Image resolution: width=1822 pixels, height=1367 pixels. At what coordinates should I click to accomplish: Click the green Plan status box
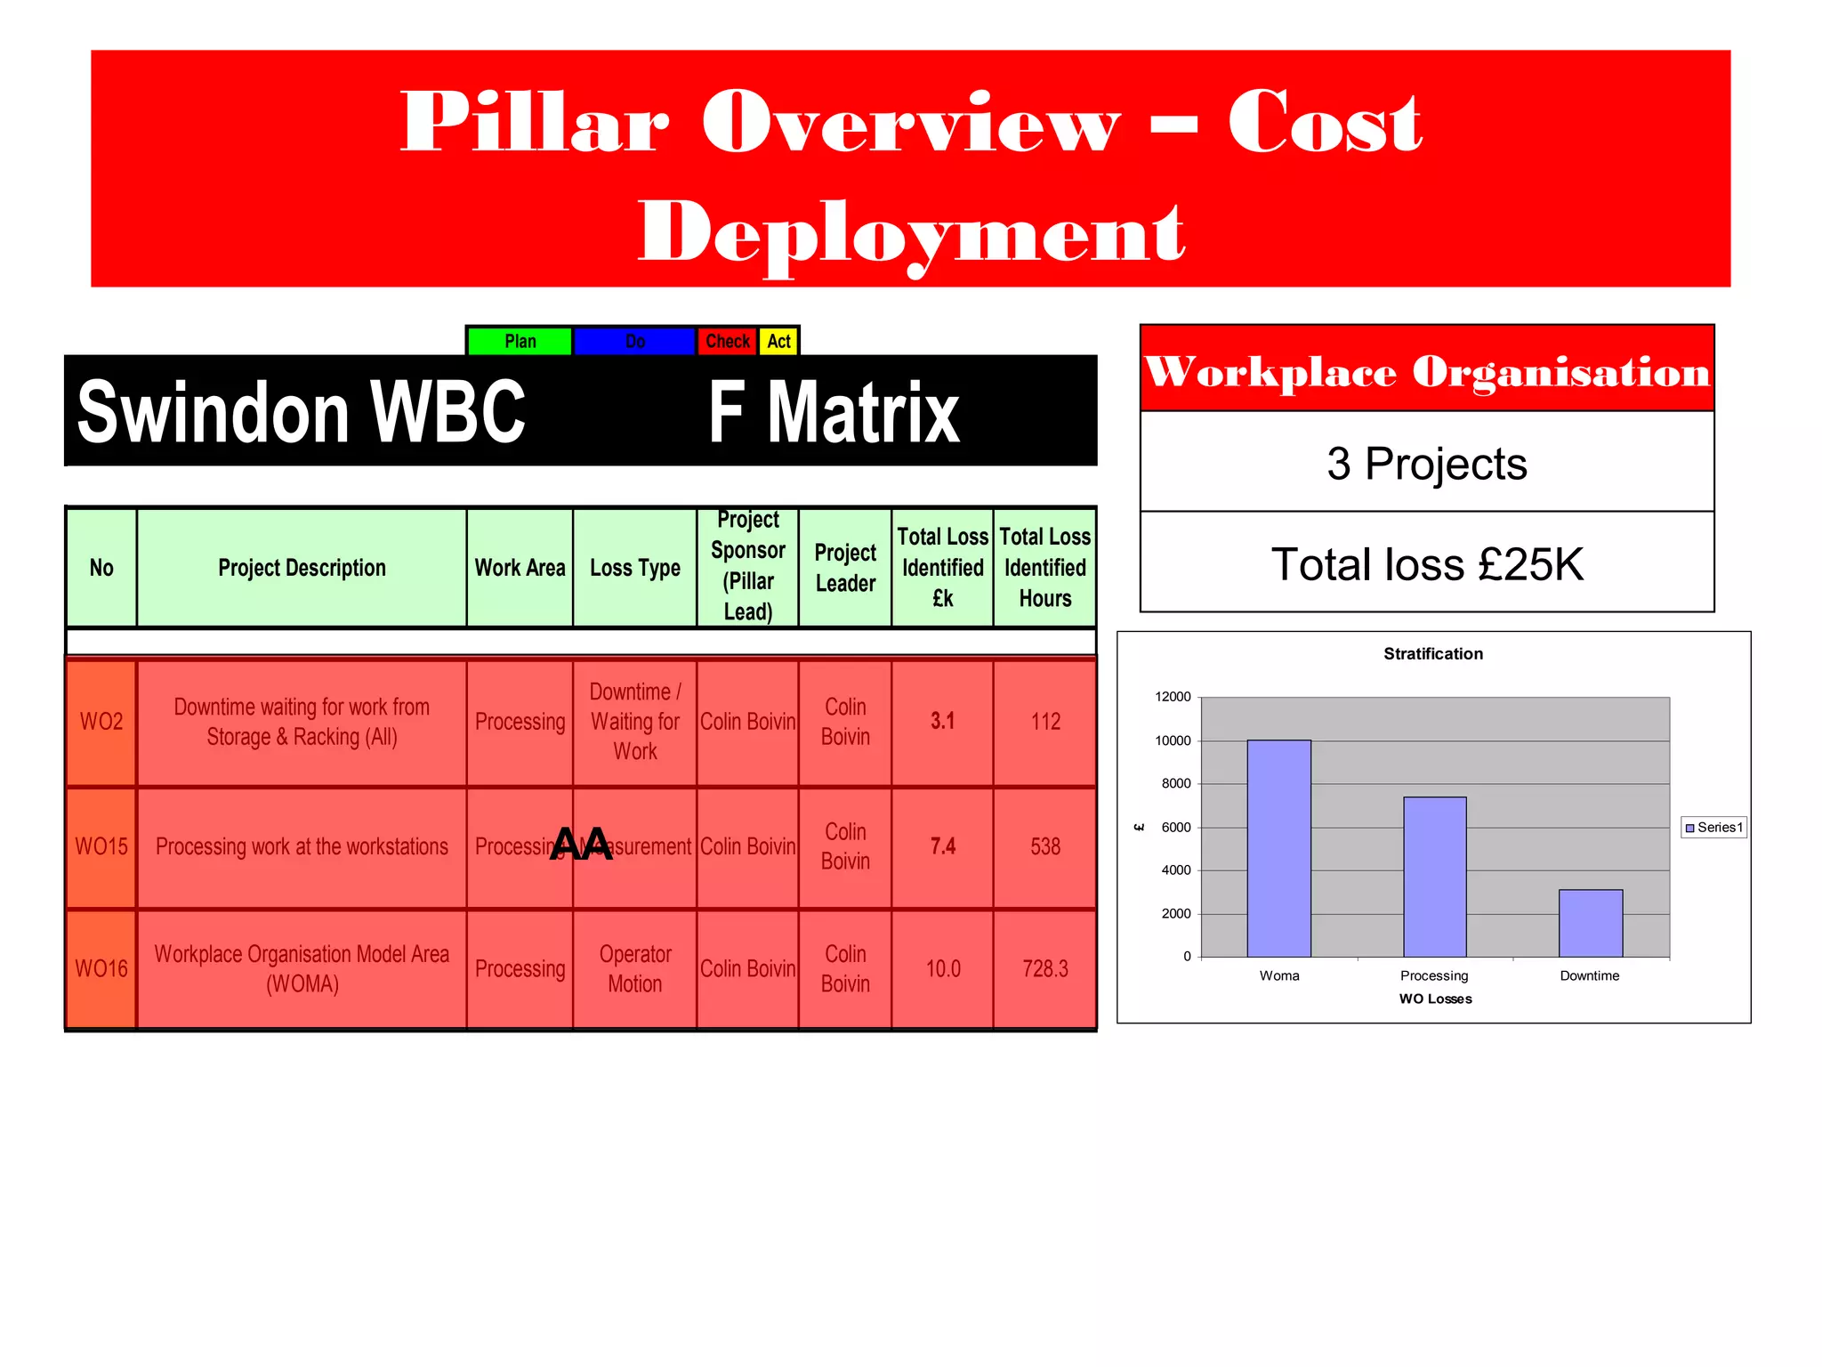(x=520, y=341)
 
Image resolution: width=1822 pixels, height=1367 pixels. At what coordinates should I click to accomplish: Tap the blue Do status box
(x=634, y=341)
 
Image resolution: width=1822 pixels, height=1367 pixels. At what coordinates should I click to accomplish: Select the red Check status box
(x=727, y=341)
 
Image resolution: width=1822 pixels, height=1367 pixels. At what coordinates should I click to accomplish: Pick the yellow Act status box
(x=779, y=341)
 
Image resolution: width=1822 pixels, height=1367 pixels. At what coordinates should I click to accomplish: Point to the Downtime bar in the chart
(x=1591, y=923)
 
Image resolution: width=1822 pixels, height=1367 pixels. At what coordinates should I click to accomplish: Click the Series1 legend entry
(x=1713, y=828)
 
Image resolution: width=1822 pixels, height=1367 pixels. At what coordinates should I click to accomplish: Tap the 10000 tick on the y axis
(x=1173, y=740)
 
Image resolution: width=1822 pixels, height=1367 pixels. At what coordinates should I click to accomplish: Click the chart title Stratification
(x=1433, y=654)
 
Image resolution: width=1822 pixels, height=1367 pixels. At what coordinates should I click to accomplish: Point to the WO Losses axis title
(x=1435, y=999)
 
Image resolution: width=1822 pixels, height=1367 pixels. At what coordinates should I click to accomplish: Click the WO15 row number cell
(x=101, y=846)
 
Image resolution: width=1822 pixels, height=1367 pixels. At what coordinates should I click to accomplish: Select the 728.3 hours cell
(x=1044, y=968)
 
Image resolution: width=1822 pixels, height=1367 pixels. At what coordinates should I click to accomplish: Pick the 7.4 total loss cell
(x=942, y=846)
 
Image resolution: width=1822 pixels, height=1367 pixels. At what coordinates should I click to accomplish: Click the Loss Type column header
(x=634, y=568)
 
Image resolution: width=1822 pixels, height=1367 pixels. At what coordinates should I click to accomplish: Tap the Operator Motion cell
(x=634, y=968)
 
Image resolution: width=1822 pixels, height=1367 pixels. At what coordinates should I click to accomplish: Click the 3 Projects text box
(x=1427, y=463)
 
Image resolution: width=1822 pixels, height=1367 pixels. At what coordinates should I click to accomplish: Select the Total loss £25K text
(x=1427, y=564)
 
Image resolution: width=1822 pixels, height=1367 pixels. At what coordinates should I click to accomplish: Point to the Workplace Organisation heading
(x=1427, y=370)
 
